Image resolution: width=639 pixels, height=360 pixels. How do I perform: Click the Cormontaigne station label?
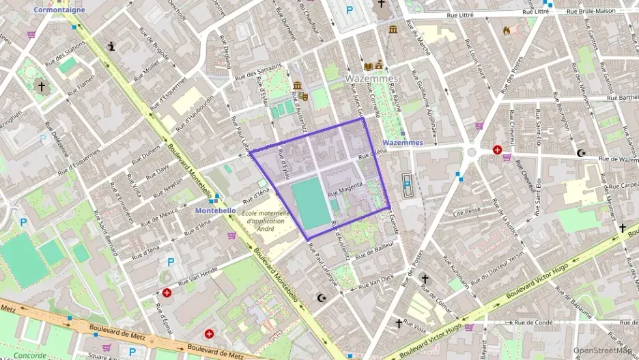click(x=59, y=10)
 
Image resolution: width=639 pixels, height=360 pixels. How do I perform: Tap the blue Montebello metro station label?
click(x=215, y=210)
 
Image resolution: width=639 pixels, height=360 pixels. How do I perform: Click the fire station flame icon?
click(x=506, y=30)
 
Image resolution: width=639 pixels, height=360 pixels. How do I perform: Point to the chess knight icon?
click(x=111, y=46)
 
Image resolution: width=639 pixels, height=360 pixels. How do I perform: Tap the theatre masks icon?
click(x=304, y=97)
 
